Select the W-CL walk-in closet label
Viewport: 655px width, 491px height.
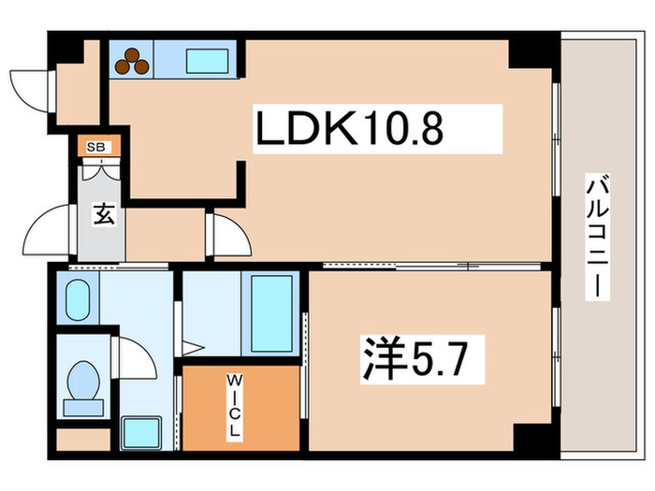(234, 408)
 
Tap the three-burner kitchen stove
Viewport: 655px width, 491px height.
(133, 61)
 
